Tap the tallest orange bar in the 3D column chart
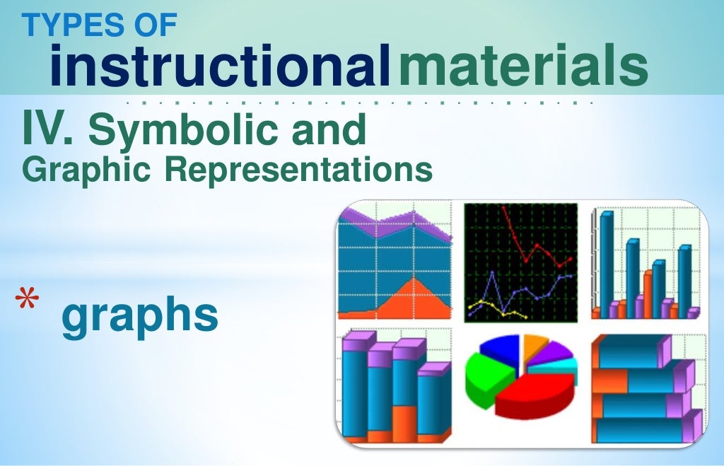coord(648,293)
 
